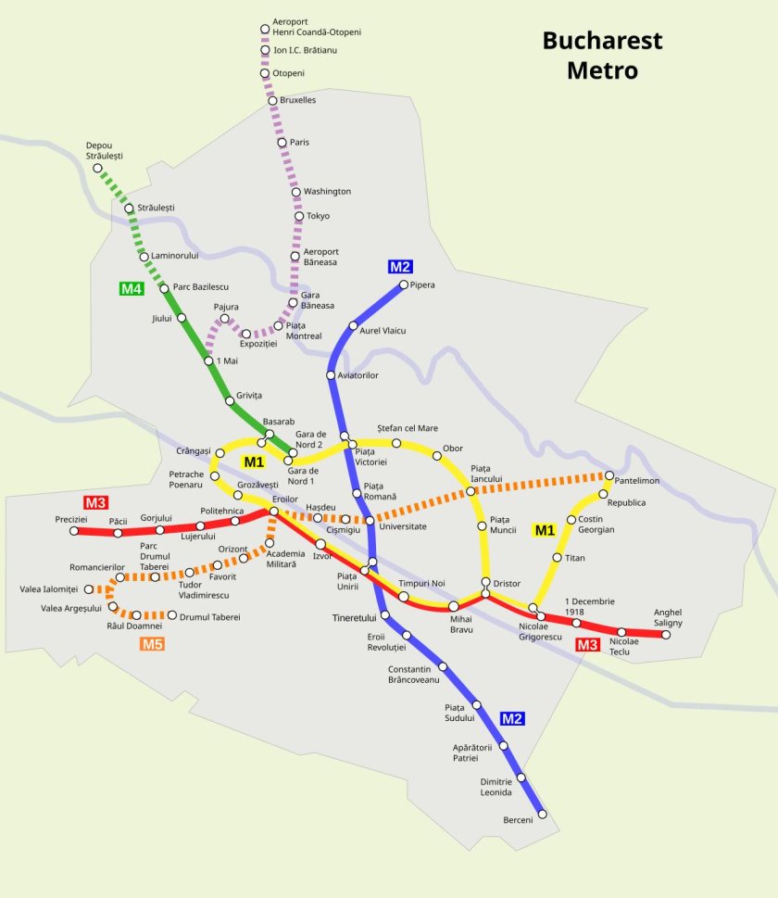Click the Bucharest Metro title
(x=602, y=56)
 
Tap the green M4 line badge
(x=132, y=289)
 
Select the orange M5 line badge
(x=153, y=644)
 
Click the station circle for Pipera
(x=403, y=285)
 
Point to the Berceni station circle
(x=542, y=815)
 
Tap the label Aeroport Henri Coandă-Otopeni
(x=316, y=27)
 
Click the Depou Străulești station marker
(x=97, y=168)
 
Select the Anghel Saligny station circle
(x=666, y=635)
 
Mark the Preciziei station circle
(x=75, y=531)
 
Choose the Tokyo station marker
(x=299, y=217)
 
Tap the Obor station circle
(x=436, y=454)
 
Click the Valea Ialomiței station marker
(x=89, y=588)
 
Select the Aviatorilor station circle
(x=331, y=375)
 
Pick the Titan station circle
(x=557, y=558)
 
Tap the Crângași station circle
(x=220, y=453)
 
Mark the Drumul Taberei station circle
(x=171, y=614)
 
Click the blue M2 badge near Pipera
(x=399, y=267)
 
